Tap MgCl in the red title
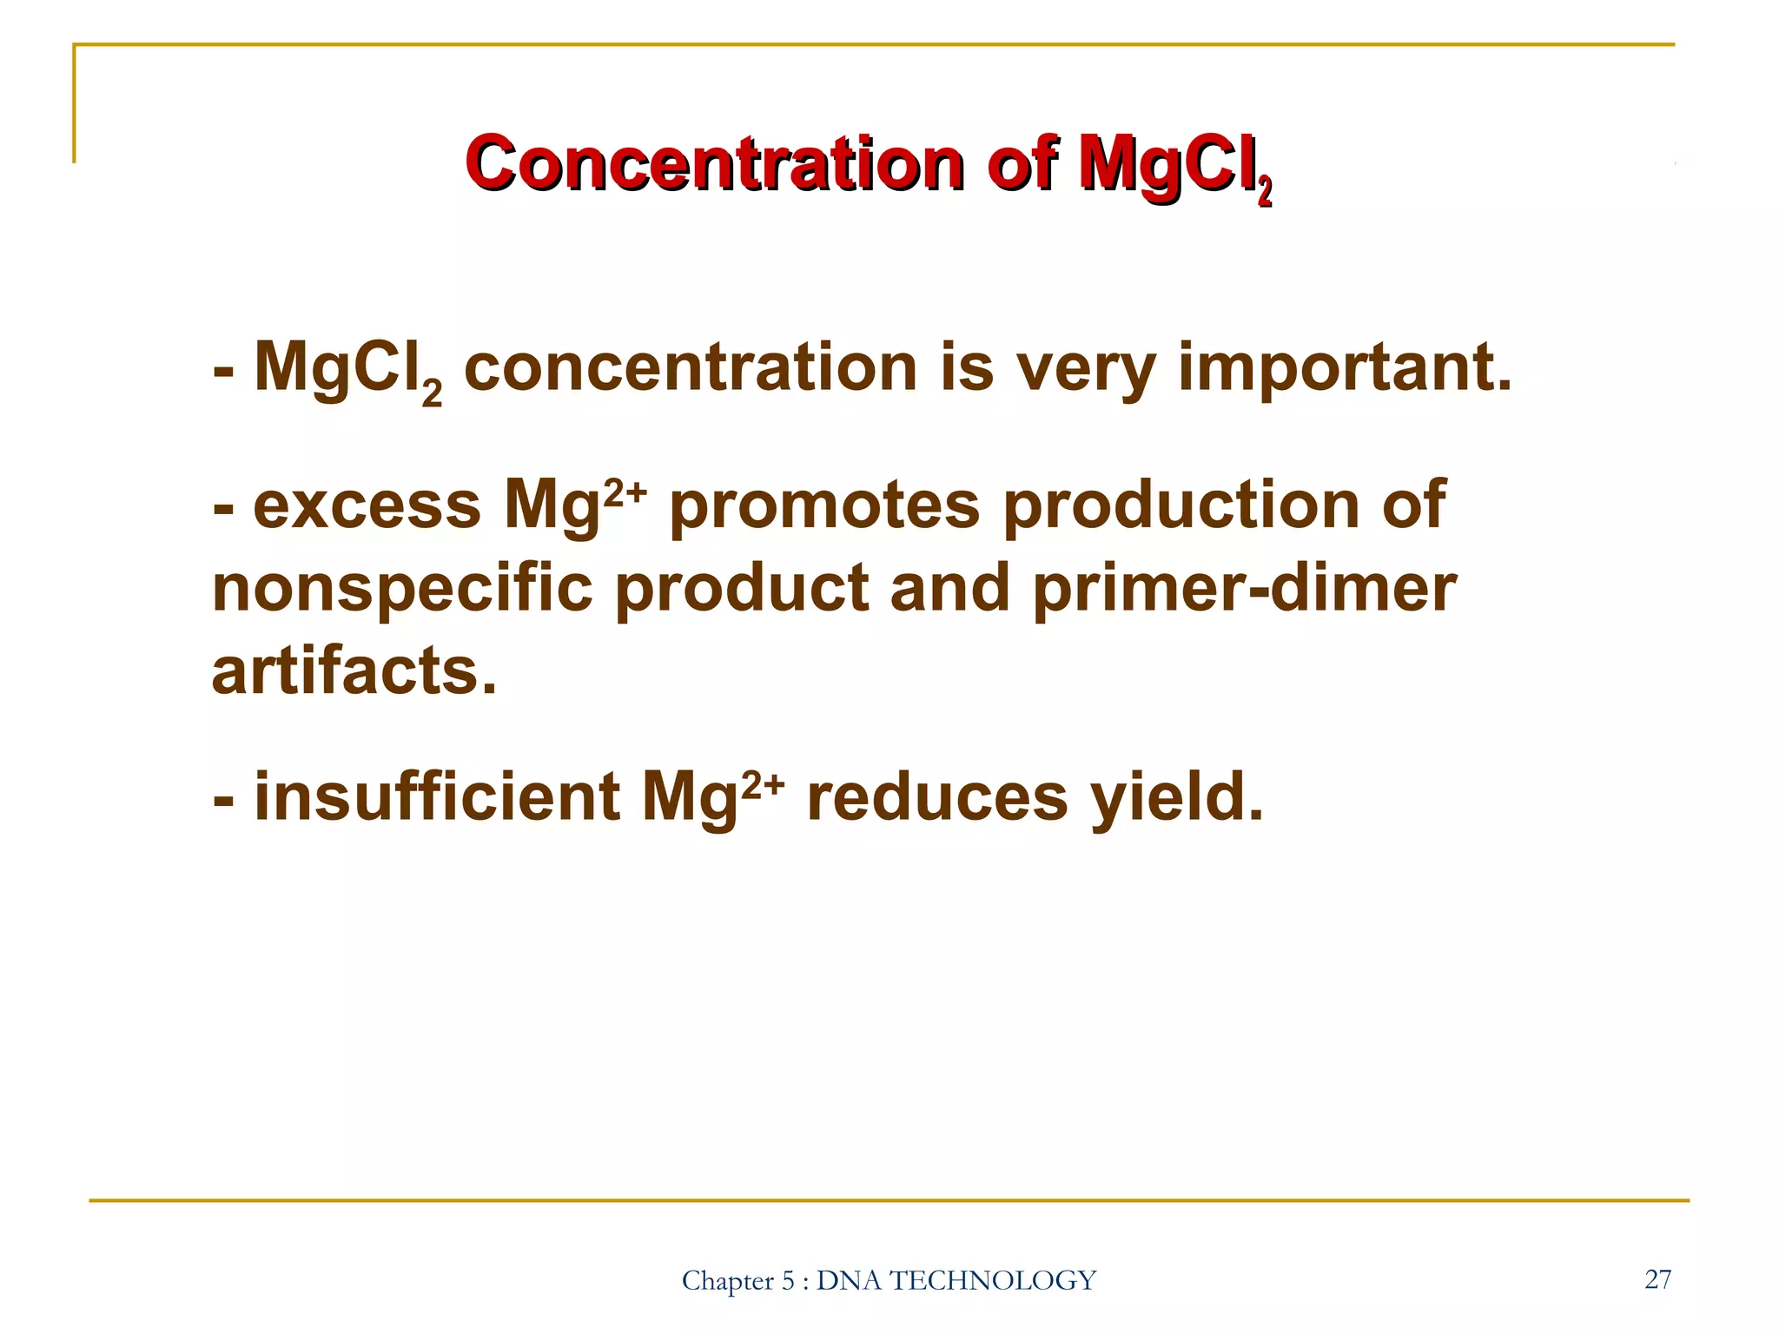1164,164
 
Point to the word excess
367,505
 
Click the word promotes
824,505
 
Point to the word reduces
937,797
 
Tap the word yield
1177,797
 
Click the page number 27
1657,1278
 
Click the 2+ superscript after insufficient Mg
762,784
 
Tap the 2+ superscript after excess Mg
625,492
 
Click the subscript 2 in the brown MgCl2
432,392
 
